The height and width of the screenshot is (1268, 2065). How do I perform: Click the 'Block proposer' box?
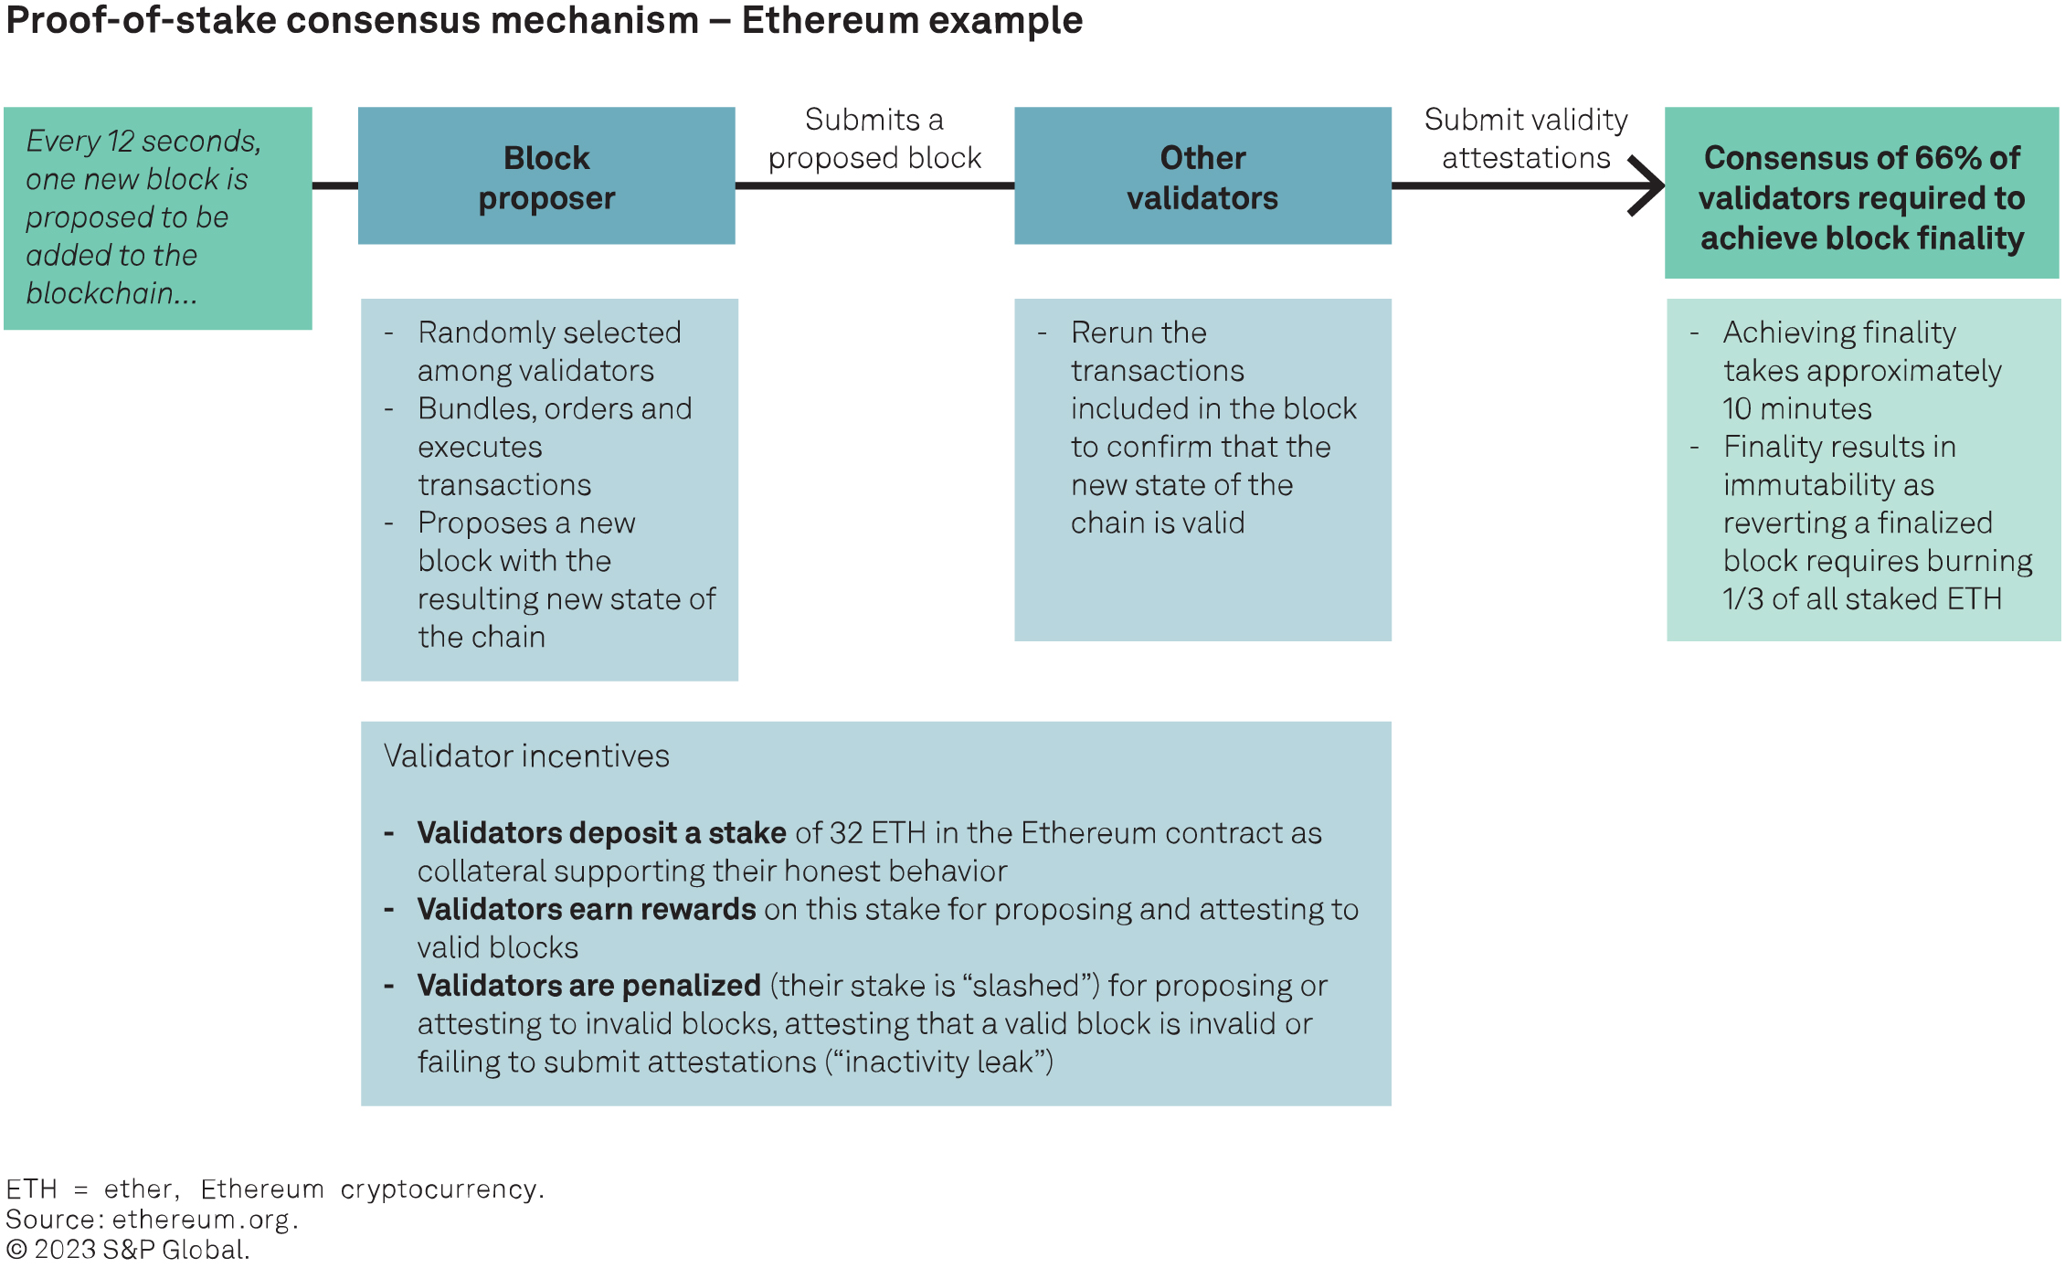pos(546,176)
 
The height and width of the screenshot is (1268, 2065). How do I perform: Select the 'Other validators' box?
pos(1202,176)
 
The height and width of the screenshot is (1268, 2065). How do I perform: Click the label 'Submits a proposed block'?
pos(874,139)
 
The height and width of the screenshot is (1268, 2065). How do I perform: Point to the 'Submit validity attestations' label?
pos(1526,139)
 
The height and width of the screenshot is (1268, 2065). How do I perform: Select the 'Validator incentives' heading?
pos(526,756)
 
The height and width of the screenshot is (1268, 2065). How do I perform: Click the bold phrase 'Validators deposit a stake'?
pos(601,833)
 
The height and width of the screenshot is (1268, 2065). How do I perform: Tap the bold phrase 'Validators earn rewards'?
pos(586,910)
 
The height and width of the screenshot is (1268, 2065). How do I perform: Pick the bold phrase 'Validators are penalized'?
pos(588,986)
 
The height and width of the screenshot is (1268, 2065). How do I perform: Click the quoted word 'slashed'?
pos(1031,986)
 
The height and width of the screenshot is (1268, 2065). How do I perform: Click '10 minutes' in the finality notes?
pos(1797,408)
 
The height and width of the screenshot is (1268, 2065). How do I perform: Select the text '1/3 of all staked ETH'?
pos(1862,599)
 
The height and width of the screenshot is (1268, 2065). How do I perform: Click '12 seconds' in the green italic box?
pos(183,141)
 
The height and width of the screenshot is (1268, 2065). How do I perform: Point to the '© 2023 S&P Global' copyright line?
pos(128,1250)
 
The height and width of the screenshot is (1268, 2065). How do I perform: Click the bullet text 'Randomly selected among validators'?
pos(548,352)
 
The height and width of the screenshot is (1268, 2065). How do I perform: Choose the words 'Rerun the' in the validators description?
pos(1138,333)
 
